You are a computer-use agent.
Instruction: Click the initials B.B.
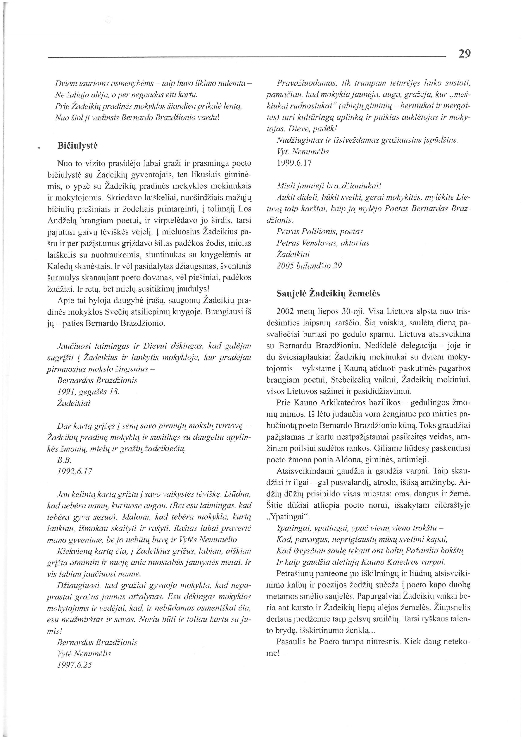click(63, 460)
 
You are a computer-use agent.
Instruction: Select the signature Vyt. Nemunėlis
click(303, 151)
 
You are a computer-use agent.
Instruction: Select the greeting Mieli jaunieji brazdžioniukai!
click(329, 186)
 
